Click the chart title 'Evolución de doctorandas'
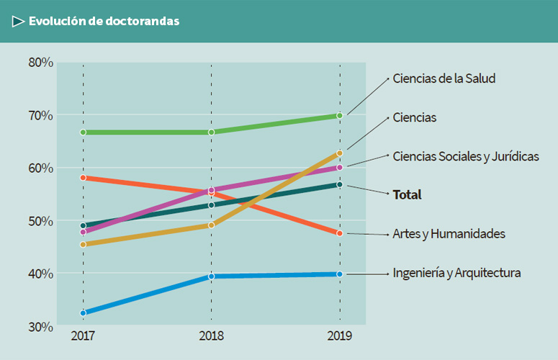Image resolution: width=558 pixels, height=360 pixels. (x=104, y=21)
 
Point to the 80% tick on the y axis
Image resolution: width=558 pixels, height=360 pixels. (x=41, y=63)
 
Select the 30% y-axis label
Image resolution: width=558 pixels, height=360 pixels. (x=41, y=327)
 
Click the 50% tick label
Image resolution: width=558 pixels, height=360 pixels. (x=41, y=221)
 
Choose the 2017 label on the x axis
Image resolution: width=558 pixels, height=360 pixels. (x=84, y=336)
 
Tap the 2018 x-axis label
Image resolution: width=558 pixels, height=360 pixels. (x=212, y=336)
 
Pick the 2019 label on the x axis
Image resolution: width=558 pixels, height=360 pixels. (x=340, y=336)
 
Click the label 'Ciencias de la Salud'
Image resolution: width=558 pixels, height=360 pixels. (x=444, y=78)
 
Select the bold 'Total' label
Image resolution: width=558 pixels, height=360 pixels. (x=407, y=194)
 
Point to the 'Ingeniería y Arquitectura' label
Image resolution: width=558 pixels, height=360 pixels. (x=456, y=273)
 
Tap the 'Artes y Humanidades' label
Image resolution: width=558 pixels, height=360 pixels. (x=449, y=234)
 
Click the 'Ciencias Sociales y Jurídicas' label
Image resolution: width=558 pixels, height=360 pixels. (x=465, y=156)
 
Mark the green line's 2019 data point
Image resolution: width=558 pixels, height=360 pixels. (x=340, y=115)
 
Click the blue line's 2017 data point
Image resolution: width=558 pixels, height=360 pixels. (x=84, y=313)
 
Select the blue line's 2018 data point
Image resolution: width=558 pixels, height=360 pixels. (x=212, y=276)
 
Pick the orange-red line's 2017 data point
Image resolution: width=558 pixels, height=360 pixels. (x=84, y=177)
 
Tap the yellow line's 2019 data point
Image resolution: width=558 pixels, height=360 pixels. (x=340, y=153)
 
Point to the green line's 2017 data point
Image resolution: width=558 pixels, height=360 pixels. (x=84, y=132)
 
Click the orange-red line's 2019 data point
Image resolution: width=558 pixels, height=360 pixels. (x=340, y=233)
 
